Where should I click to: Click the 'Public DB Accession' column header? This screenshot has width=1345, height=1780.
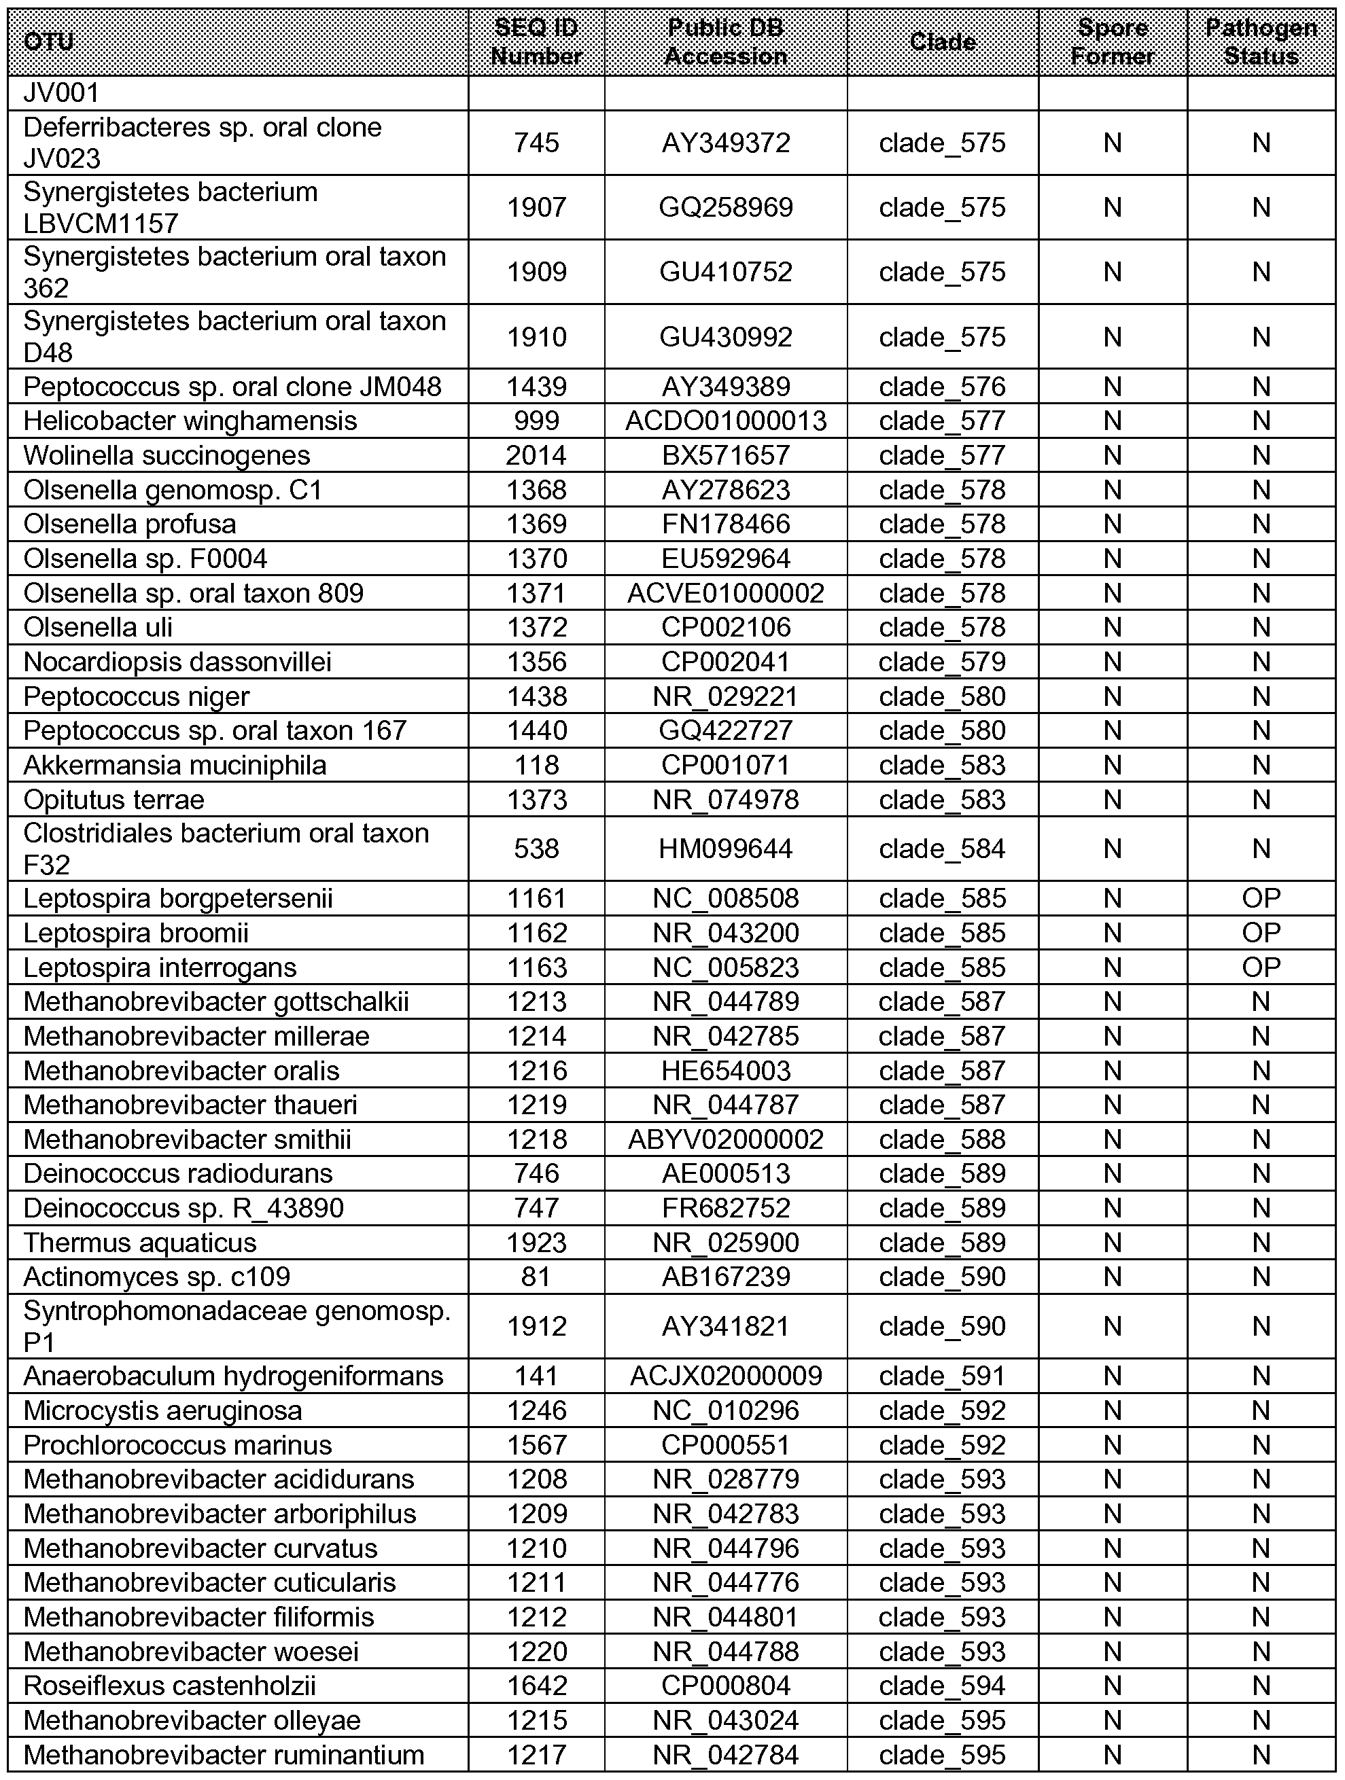tap(725, 42)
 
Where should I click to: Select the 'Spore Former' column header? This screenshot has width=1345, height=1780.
tap(1113, 42)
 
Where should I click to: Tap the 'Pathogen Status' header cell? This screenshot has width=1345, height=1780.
tap(1261, 42)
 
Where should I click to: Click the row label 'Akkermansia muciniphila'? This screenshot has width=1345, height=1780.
tap(175, 764)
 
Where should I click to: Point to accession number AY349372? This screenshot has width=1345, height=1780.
tap(725, 143)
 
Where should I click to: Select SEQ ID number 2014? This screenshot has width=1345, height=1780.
tap(536, 455)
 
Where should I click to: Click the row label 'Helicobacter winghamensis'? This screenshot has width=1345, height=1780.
tap(190, 421)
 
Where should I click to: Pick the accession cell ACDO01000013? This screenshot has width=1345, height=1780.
tap(725, 421)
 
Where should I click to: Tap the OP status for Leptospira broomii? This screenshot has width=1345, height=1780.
tap(1261, 933)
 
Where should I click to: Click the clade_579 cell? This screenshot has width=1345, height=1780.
tap(942, 662)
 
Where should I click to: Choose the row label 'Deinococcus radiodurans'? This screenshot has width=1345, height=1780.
tap(178, 1173)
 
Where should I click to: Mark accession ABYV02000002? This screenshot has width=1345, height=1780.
tap(725, 1139)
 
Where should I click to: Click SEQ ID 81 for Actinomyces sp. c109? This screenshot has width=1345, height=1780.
tap(536, 1277)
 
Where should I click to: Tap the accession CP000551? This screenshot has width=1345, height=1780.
tap(725, 1444)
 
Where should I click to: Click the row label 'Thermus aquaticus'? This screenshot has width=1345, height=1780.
tap(140, 1243)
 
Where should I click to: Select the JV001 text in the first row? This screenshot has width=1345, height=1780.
tap(61, 93)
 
